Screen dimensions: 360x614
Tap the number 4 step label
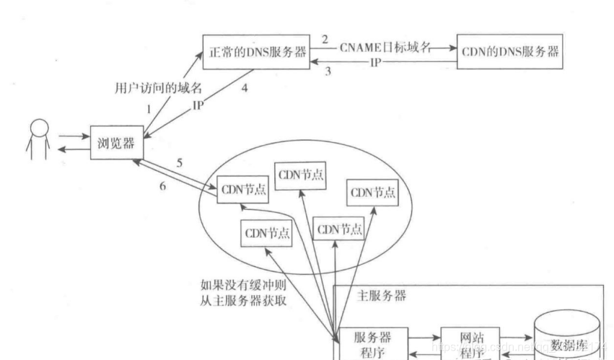pos(245,89)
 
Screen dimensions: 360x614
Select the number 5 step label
pos(179,162)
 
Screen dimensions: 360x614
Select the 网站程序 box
pos(470,343)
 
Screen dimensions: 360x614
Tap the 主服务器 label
pos(382,296)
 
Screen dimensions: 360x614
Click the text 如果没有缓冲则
pos(245,285)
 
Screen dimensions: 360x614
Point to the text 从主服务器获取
pos(245,300)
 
